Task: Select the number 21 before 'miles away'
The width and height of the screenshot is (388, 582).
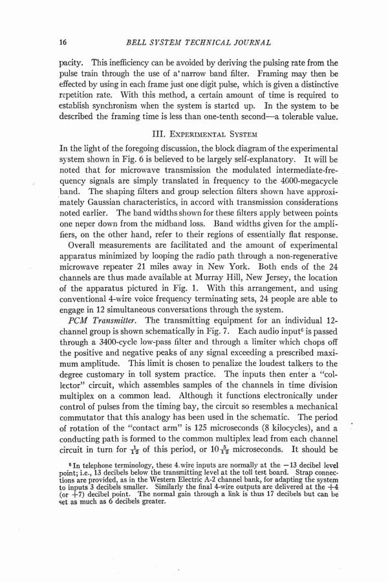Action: [175, 255]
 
